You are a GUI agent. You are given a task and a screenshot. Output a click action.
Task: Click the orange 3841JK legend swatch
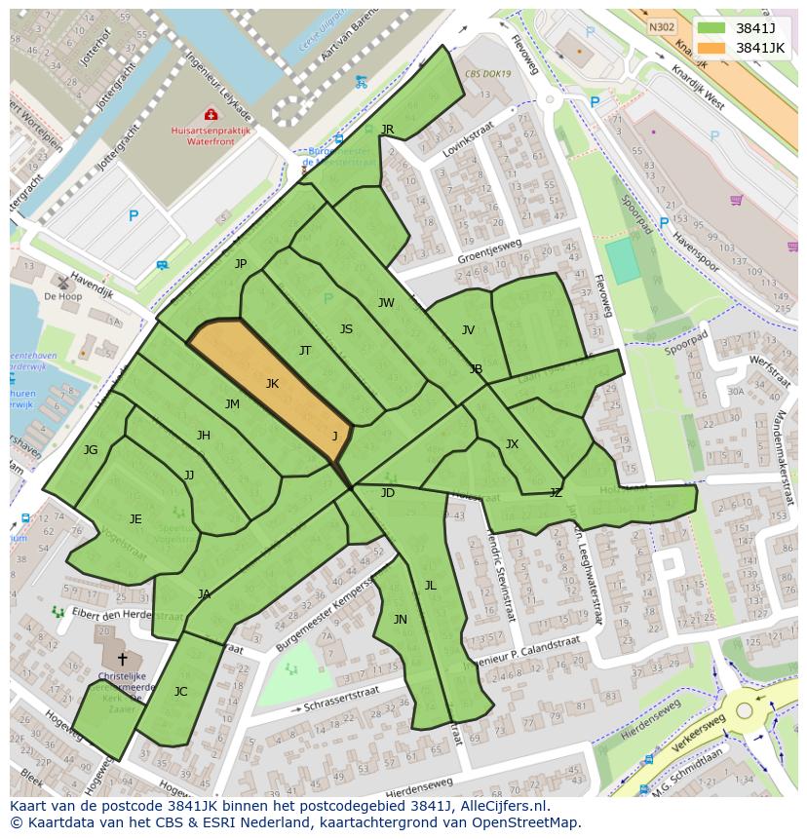[712, 48]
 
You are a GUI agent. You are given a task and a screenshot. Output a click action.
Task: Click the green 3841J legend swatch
[712, 28]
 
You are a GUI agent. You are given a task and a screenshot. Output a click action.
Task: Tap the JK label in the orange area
[272, 384]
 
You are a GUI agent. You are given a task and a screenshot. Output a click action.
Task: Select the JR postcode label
[387, 130]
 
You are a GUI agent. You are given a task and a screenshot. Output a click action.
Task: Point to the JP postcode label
[241, 264]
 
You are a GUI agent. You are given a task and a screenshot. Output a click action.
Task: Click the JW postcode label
[386, 303]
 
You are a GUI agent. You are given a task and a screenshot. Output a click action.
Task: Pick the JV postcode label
[468, 330]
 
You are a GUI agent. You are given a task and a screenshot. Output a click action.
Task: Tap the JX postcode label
[512, 444]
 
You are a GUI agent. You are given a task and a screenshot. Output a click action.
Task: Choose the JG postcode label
[91, 450]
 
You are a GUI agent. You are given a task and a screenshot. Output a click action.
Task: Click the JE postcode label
[135, 519]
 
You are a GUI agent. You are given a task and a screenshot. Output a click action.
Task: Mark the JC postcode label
[180, 692]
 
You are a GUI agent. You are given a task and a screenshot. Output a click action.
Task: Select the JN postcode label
[401, 620]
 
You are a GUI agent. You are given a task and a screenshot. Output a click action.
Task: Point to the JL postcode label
[430, 586]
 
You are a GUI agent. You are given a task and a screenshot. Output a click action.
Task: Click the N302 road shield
[661, 28]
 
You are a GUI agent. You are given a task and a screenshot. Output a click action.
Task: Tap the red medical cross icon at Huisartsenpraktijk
[211, 115]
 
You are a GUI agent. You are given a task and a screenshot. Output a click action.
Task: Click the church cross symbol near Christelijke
[122, 660]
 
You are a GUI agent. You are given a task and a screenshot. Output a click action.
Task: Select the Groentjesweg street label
[489, 252]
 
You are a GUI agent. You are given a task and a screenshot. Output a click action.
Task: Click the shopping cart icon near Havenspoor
[736, 201]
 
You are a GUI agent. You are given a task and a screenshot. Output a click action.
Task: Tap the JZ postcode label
[556, 493]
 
